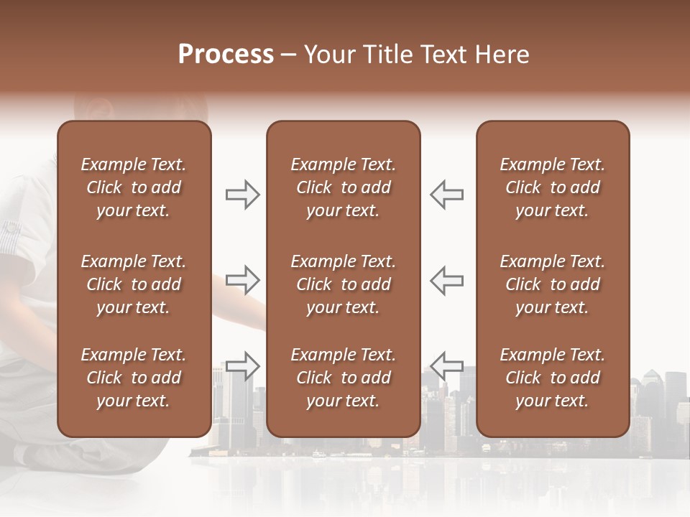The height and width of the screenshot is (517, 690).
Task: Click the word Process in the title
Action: click(x=226, y=55)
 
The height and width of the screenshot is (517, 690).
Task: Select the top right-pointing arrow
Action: click(x=242, y=195)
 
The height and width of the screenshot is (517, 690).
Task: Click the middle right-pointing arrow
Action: click(x=242, y=280)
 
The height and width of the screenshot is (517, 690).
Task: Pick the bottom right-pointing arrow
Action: click(x=242, y=365)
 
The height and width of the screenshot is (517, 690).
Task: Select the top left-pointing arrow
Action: click(x=447, y=195)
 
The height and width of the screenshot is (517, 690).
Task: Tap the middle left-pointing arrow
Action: click(x=447, y=280)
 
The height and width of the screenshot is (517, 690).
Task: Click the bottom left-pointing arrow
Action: click(x=447, y=365)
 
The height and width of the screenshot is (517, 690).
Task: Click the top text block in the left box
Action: click(x=134, y=187)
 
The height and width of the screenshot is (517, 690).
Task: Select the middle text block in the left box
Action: click(x=134, y=284)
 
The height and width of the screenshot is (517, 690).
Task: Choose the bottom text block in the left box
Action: click(x=134, y=378)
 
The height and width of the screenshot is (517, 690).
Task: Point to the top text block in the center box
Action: click(x=344, y=187)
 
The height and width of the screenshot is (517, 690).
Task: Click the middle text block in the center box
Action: click(x=344, y=284)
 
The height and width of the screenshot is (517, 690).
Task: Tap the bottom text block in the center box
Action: click(x=344, y=378)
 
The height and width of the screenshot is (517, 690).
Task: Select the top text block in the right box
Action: click(x=553, y=187)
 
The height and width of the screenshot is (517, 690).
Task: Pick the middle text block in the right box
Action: click(x=553, y=284)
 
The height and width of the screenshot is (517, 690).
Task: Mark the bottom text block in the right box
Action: click(x=553, y=378)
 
